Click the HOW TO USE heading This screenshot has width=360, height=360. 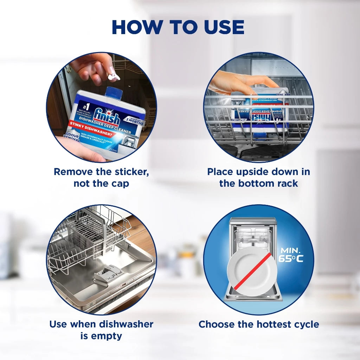click(x=178, y=27)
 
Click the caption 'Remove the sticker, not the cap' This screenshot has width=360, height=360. click(x=101, y=178)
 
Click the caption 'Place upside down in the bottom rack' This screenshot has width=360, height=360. click(x=258, y=178)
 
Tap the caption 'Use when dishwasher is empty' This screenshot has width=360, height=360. click(x=101, y=330)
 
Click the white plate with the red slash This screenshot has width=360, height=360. click(x=251, y=271)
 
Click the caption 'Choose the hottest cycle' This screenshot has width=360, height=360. click(x=258, y=324)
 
